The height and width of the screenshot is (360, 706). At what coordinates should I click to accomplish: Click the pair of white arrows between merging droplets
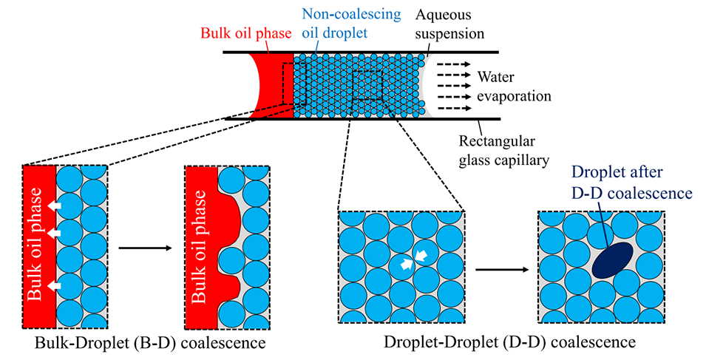click(x=413, y=259)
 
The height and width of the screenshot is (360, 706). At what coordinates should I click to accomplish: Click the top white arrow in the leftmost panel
click(x=54, y=205)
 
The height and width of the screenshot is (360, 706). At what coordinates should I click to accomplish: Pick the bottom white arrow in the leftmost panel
click(x=54, y=284)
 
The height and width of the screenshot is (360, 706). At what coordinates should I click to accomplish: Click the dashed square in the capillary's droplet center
click(x=367, y=86)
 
